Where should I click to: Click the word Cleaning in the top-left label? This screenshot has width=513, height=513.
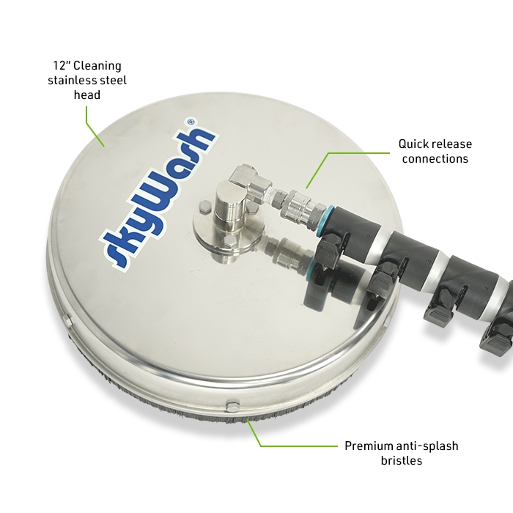[x=97, y=66]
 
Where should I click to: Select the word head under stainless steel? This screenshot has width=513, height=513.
[x=87, y=95]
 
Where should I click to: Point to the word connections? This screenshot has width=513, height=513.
[x=435, y=159]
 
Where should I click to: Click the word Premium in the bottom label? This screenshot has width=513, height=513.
[x=369, y=446]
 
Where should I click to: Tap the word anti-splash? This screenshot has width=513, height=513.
[x=427, y=446]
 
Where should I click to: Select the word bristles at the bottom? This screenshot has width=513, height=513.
[x=402, y=461]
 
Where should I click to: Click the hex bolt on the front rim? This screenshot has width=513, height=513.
[x=232, y=406]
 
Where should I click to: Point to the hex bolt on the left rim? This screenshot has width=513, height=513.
[x=68, y=320]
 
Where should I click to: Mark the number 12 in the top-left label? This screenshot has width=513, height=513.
[x=60, y=66]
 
